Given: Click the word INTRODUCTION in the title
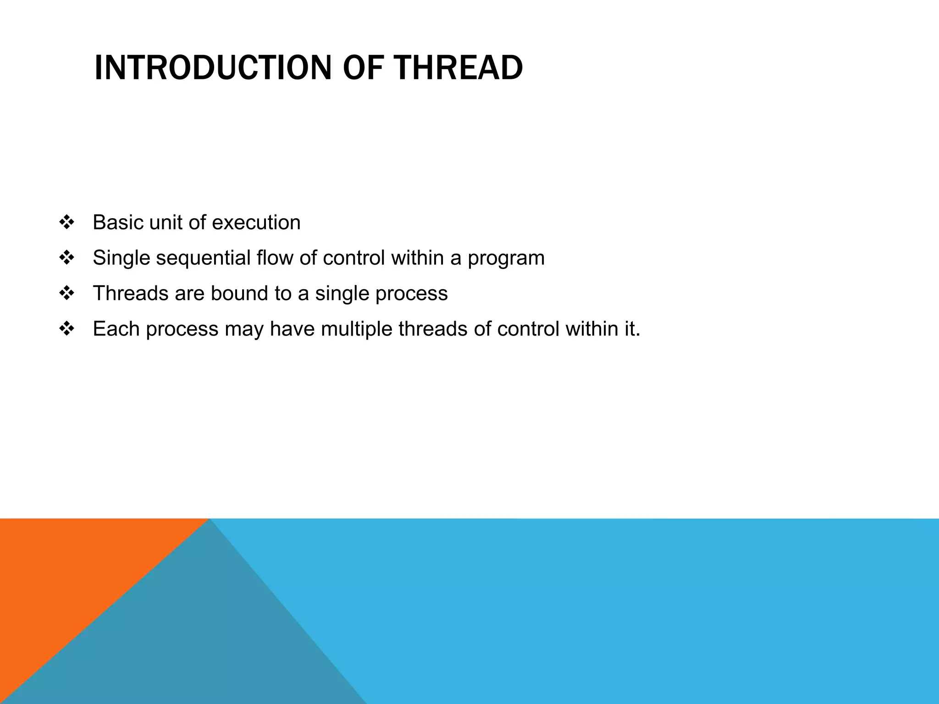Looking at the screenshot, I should (x=212, y=68).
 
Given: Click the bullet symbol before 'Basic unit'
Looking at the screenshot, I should (x=67, y=223).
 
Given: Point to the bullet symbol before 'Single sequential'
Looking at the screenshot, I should (x=67, y=258).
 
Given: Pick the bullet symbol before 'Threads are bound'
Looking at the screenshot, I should (x=67, y=293).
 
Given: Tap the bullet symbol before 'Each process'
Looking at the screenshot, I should (x=67, y=329).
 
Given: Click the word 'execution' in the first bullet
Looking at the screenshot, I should (x=256, y=223).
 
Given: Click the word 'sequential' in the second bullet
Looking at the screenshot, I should (x=203, y=258).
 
